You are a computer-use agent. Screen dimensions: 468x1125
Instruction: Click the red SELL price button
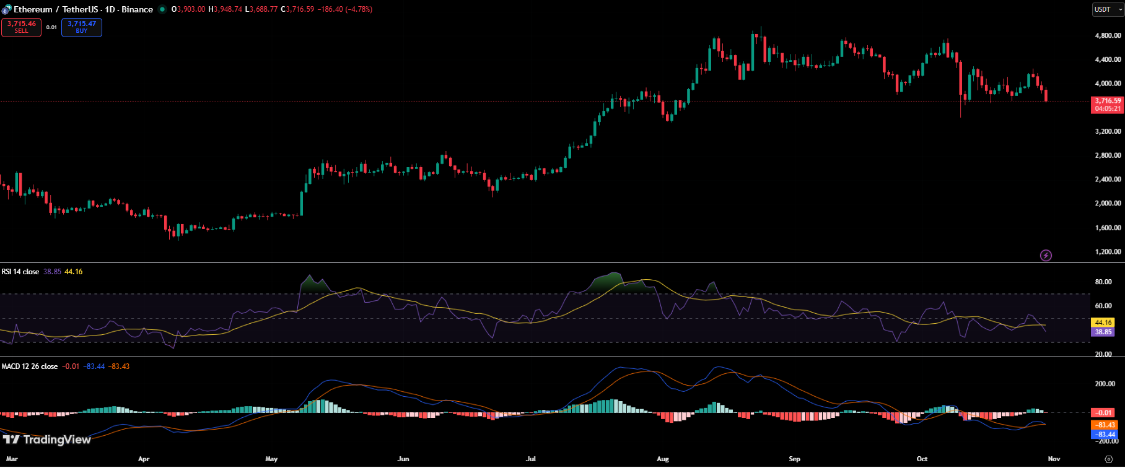(x=21, y=27)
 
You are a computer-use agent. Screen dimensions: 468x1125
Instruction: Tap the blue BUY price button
(x=82, y=27)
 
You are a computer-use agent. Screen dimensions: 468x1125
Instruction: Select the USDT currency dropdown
(x=1107, y=9)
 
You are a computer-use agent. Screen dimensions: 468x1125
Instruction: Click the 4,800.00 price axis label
(x=1108, y=36)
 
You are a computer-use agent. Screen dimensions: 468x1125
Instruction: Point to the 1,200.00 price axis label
(x=1108, y=252)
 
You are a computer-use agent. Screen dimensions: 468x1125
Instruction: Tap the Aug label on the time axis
(x=663, y=459)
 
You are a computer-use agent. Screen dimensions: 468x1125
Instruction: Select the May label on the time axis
(x=271, y=459)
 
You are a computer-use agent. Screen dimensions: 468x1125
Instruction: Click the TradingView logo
(x=47, y=440)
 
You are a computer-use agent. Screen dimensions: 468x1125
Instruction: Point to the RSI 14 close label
(x=20, y=272)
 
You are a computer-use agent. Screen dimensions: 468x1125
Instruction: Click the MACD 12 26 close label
(x=30, y=366)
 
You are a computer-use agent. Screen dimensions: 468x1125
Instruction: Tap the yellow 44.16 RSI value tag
(x=1103, y=323)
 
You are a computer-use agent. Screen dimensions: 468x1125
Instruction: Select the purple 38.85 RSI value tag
(x=1103, y=332)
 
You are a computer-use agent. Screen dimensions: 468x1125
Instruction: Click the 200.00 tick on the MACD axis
(x=1105, y=384)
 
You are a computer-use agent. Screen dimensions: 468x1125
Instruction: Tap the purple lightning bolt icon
(x=1046, y=255)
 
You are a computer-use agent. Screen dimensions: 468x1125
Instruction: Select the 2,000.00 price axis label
(x=1108, y=203)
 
